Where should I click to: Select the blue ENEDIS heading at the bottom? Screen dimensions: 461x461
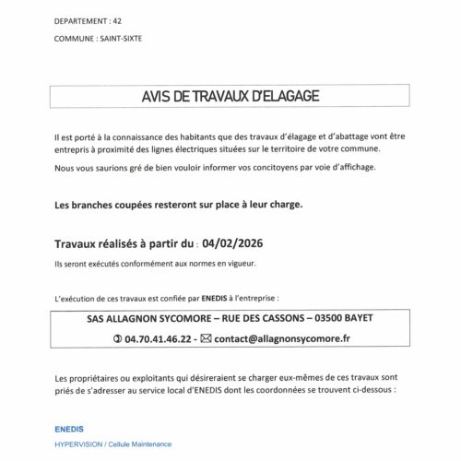70,430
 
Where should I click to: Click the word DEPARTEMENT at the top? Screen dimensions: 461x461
78,19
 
